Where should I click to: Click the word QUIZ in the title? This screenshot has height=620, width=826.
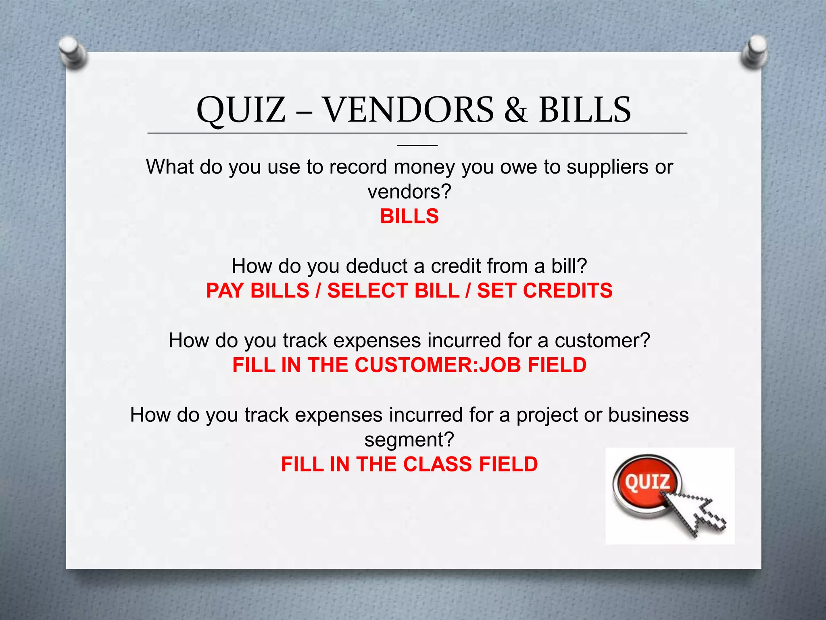pos(241,110)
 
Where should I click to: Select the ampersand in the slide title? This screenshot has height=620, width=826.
pos(515,110)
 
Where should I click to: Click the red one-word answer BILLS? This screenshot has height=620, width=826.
pos(409,216)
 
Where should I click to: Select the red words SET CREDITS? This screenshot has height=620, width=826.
pos(544,291)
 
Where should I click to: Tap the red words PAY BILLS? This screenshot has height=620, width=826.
pos(257,291)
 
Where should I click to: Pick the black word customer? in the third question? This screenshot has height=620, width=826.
pos(602,341)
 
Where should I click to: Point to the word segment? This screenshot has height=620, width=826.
pos(409,440)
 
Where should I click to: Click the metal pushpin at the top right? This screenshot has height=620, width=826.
pos(754,52)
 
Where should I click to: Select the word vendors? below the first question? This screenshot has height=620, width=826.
pos(409,192)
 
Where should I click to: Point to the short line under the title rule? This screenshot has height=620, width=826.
pos(417,145)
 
